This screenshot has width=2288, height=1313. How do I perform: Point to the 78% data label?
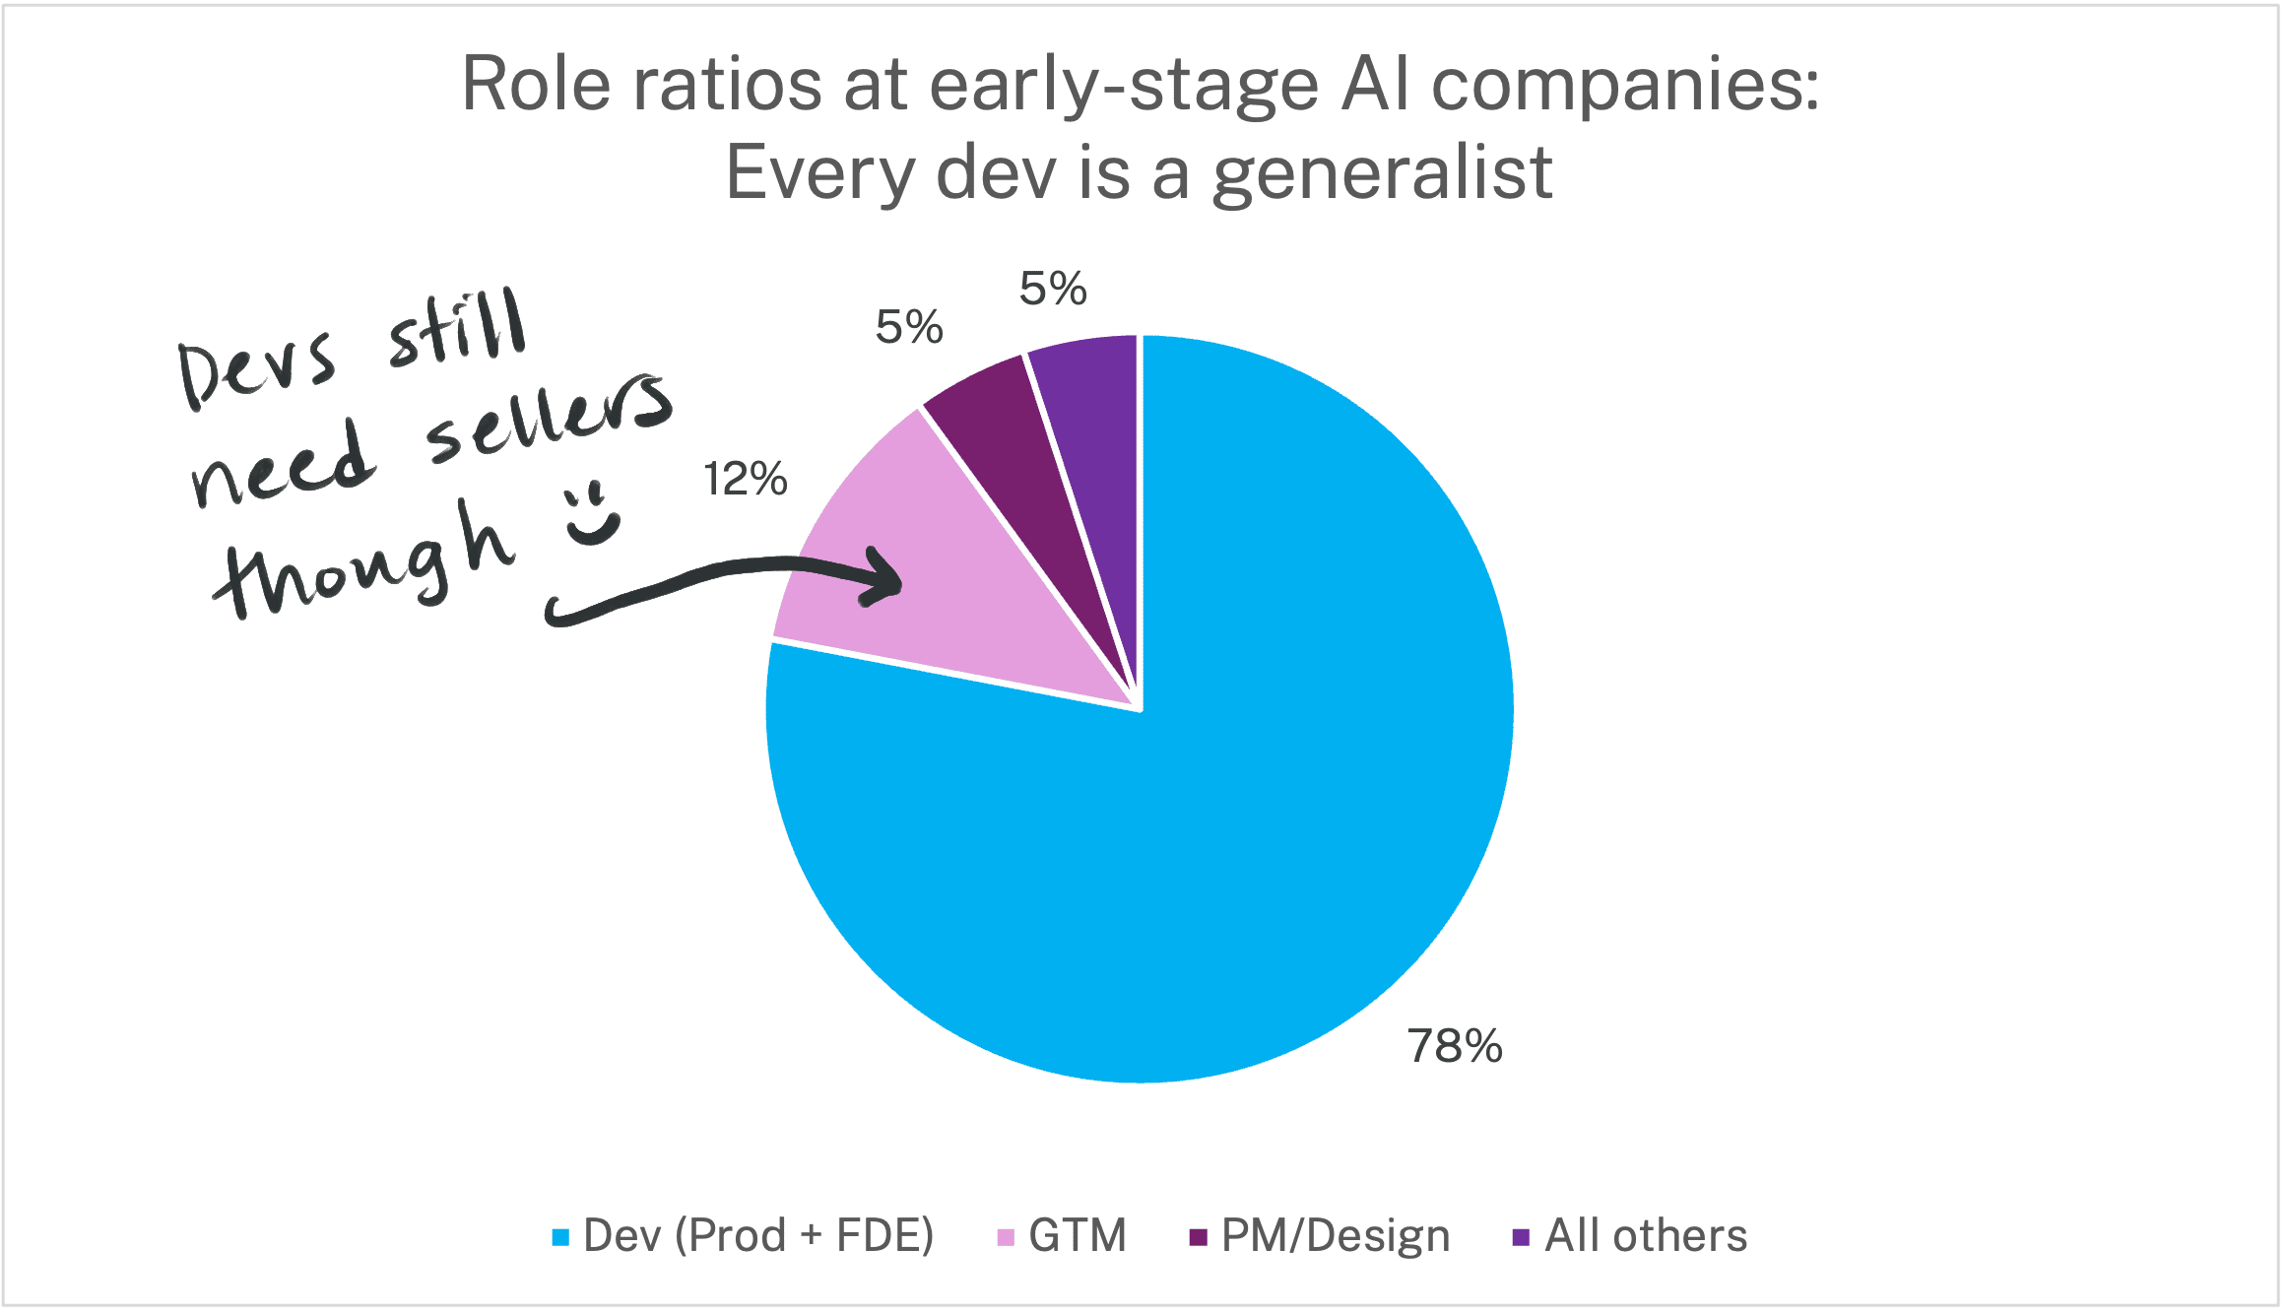1455,1046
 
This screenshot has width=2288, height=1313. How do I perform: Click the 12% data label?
746,480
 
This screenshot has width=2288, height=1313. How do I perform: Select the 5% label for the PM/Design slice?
909,327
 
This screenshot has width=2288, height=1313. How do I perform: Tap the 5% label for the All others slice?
1053,289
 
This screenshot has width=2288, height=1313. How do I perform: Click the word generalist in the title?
1383,173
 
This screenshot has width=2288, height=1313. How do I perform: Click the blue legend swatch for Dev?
560,1237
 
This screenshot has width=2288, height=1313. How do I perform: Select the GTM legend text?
1078,1236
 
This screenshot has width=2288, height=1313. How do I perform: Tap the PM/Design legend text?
1335,1236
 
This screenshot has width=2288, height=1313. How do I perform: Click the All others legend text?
1646,1236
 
